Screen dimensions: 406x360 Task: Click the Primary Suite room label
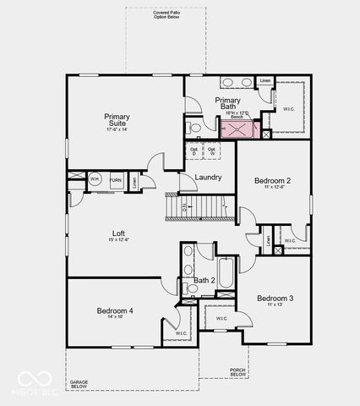pos(117,120)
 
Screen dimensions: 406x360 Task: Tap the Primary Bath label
pos(229,102)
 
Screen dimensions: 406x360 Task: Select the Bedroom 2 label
pos(273,181)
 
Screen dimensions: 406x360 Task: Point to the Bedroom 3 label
pos(275,299)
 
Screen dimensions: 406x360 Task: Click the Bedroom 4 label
pos(114,310)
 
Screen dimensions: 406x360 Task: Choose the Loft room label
pos(119,233)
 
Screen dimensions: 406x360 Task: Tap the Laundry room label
pos(208,178)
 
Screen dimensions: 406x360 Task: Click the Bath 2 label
pos(205,280)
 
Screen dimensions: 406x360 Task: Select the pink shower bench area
pos(237,129)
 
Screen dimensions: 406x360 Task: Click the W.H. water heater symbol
pos(95,179)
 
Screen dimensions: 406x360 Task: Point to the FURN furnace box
pos(115,180)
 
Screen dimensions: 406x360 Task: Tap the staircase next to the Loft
pos(199,206)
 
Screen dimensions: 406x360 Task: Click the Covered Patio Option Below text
pos(166,15)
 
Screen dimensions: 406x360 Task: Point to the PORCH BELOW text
pos(238,372)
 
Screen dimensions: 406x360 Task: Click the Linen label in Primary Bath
pos(265,81)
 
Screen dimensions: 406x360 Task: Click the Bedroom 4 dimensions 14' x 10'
pos(114,318)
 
